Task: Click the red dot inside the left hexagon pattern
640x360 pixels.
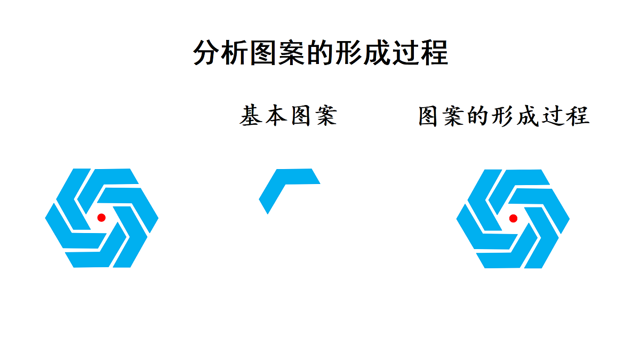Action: pos(101,218)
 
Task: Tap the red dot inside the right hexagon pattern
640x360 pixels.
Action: pos(513,218)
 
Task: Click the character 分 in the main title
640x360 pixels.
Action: pos(206,53)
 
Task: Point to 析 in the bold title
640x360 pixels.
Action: pos(234,53)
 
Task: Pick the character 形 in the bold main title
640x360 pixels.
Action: pos(349,53)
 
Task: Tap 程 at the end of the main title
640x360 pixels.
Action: pos(434,53)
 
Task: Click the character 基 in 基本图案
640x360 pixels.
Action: pos(251,115)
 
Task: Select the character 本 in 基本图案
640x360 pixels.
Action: pos(276,115)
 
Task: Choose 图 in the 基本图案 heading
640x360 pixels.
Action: pos(301,115)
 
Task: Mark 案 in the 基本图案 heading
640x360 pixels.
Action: pos(326,115)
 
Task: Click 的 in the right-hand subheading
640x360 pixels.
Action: pos(478,116)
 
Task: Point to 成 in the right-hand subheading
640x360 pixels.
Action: pos(527,116)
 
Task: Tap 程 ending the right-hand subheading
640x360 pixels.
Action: pos(578,116)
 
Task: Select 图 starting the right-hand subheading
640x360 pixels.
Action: pos(428,116)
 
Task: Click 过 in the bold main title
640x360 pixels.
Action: pos(406,53)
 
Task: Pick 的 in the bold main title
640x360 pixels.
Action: pos(320,53)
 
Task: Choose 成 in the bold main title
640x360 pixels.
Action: pos(377,53)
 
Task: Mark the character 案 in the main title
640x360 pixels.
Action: pos(291,53)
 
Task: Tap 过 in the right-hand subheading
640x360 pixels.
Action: pos(553,116)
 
